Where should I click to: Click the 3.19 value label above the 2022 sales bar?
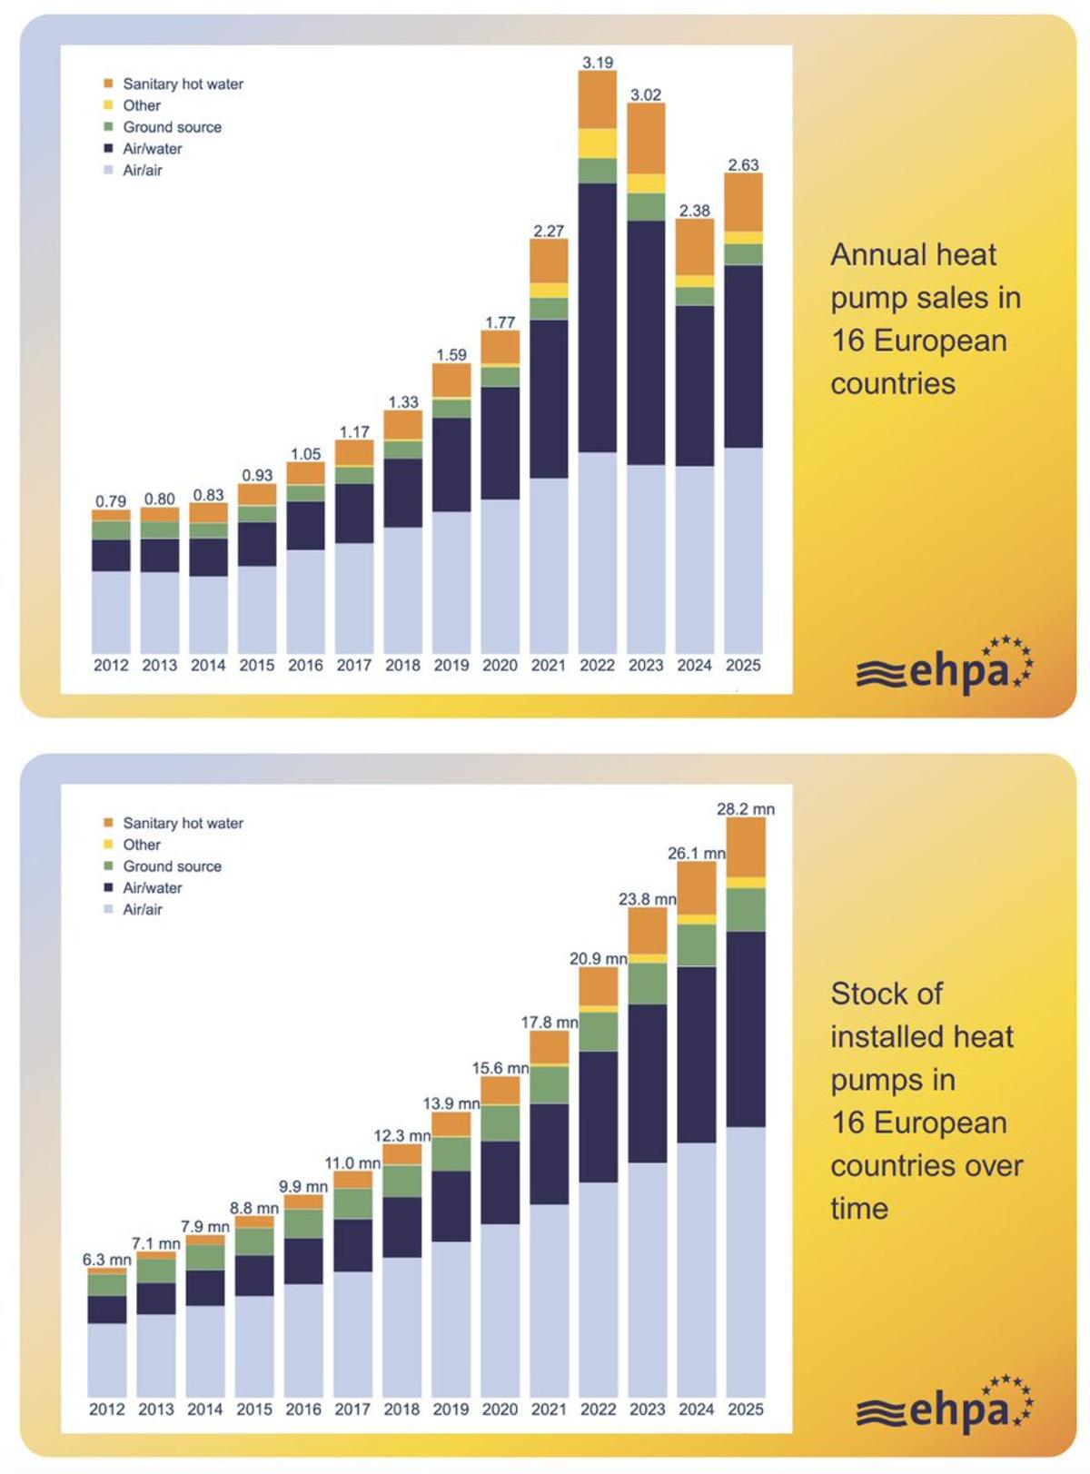pos(597,63)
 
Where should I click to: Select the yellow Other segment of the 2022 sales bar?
pos(597,143)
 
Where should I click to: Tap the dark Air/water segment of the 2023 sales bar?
pos(646,342)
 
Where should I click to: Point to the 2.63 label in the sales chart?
pos(743,164)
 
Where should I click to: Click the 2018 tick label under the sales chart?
pos(402,666)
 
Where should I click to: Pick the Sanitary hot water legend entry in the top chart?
pos(183,84)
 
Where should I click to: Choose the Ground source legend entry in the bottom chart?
pos(172,866)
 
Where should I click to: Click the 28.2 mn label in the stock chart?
pos(746,809)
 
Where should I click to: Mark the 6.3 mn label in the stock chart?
pos(107,1260)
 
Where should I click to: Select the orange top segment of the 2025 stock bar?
pos(746,846)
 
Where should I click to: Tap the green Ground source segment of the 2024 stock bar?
pos(697,945)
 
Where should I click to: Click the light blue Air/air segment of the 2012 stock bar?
pos(107,1360)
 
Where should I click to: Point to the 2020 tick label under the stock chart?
pos(500,1410)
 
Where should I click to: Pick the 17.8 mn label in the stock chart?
pos(550,1023)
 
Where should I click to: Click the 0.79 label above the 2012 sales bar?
pos(111,501)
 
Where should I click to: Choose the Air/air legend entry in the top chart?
pos(143,170)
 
